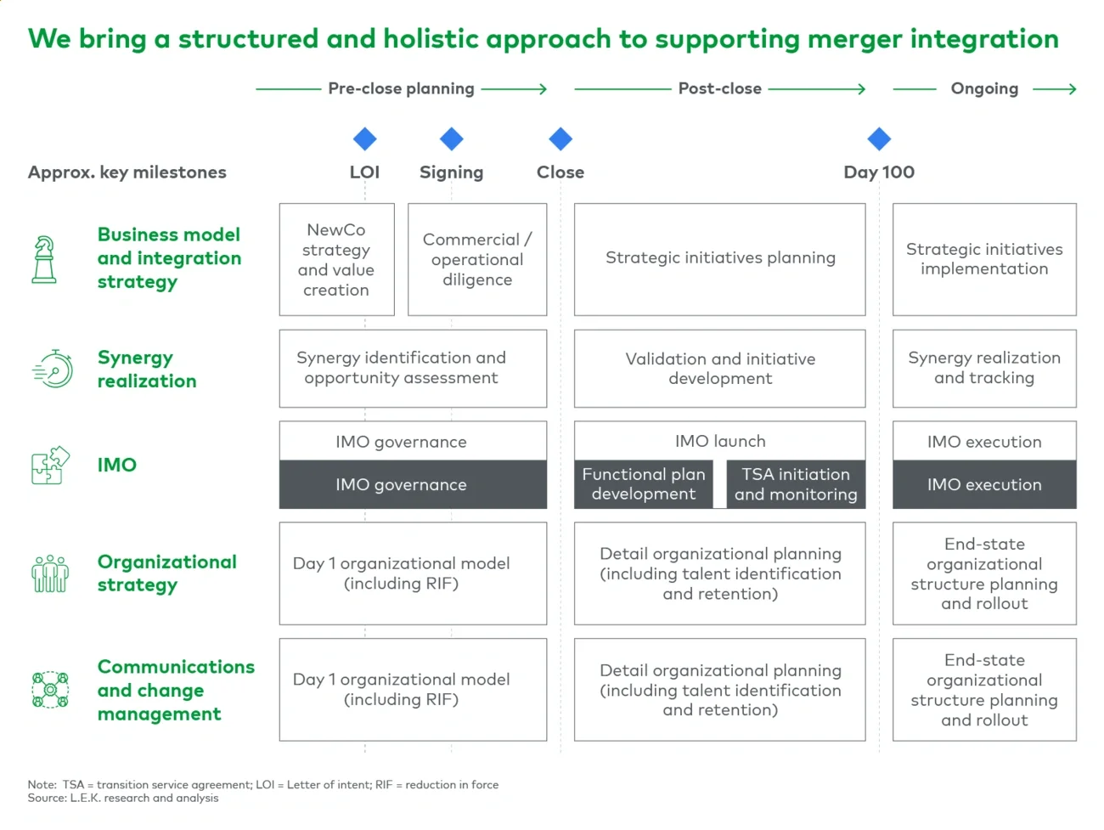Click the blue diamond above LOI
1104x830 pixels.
tap(365, 138)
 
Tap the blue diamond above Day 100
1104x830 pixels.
tap(879, 138)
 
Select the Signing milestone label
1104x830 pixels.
tap(451, 172)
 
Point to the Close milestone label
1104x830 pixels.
tap(560, 172)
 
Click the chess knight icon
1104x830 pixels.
tap(44, 259)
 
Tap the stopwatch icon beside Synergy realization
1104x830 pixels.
tap(53, 370)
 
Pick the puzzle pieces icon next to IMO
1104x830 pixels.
tap(50, 465)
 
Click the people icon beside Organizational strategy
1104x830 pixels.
tap(50, 573)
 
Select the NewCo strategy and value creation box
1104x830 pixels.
tap(336, 259)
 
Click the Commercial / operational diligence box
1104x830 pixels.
tap(477, 259)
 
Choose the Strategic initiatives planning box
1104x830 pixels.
tap(720, 258)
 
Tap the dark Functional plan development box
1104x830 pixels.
tap(643, 484)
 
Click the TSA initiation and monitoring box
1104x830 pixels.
tap(796, 484)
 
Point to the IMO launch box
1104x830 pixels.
tap(720, 441)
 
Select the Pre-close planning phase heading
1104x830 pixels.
tap(401, 88)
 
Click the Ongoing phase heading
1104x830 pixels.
tap(984, 88)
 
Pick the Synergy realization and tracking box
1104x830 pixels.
tap(984, 368)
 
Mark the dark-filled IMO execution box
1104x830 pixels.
tap(984, 484)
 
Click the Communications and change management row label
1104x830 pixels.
tap(175, 690)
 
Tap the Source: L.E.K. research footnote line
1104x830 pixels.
tap(123, 799)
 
